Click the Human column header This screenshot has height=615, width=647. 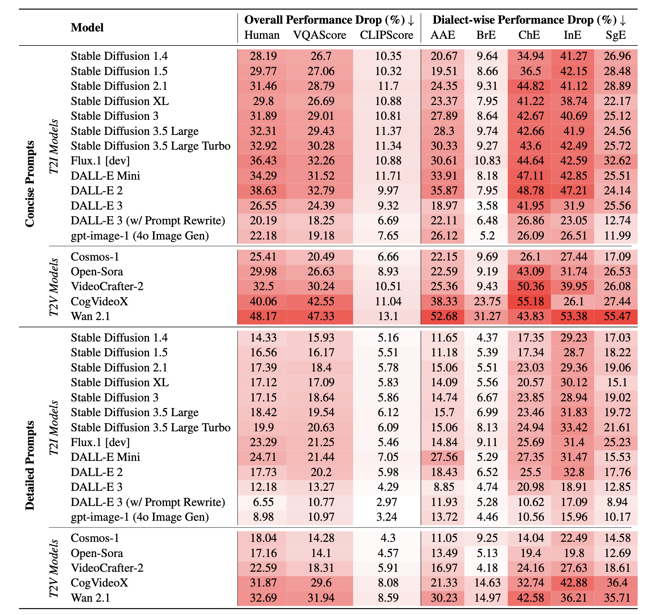262,35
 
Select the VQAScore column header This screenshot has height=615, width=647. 320,35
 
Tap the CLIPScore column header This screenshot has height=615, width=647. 387,35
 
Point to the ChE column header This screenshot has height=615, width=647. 529,35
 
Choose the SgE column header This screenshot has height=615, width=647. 616,35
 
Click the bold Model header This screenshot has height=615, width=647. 87,27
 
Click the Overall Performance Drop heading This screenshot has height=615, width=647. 329,20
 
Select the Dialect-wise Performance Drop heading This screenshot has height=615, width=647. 529,20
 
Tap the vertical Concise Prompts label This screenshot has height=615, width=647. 30,184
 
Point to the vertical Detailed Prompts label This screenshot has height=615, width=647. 30,465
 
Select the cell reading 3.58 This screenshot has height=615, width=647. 487,205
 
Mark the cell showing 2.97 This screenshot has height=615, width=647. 387,502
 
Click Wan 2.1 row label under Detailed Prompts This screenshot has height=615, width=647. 91,598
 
